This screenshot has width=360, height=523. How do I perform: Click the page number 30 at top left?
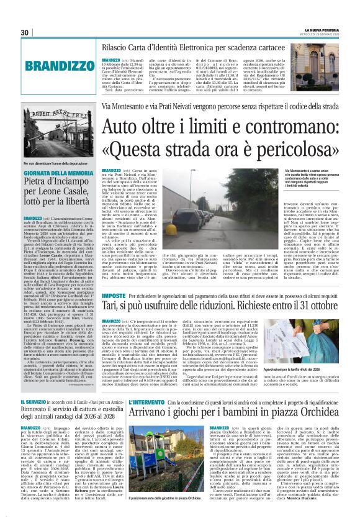pos(25,33)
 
